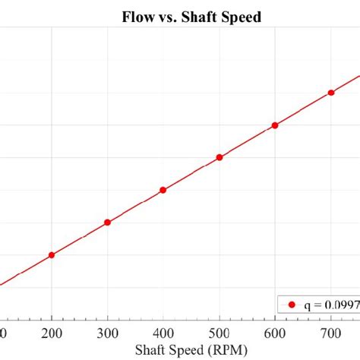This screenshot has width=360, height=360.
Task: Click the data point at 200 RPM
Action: [52, 255]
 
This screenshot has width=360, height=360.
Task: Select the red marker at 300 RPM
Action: [107, 223]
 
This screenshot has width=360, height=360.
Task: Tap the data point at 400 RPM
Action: [163, 190]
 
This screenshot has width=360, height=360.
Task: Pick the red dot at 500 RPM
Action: [219, 157]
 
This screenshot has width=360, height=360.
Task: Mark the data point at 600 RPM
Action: [275, 125]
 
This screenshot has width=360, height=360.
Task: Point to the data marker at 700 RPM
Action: [331, 93]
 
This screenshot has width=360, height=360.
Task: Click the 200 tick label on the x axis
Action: [52, 333]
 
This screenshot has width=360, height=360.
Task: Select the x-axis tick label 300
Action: [107, 333]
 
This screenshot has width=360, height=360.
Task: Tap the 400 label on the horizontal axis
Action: [163, 333]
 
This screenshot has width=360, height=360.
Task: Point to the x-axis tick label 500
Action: [219, 333]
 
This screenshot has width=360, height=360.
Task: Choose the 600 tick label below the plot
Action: [275, 333]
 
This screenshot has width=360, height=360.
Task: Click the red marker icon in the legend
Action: [291, 305]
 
